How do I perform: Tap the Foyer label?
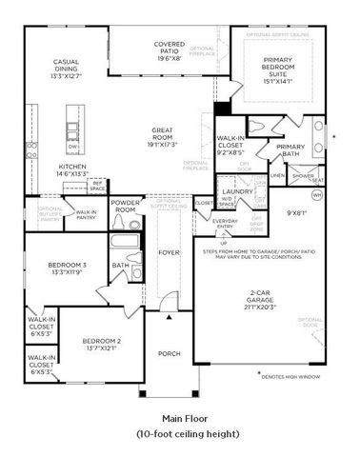tap(169, 253)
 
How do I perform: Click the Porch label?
tap(169, 353)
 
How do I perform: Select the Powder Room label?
tap(125, 206)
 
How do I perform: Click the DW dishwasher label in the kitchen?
tap(73, 148)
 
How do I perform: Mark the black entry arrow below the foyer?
tap(169, 317)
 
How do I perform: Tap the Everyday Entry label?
tap(225, 224)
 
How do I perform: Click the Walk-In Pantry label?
tap(86, 214)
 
